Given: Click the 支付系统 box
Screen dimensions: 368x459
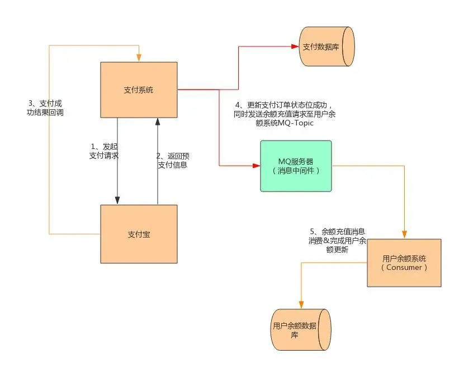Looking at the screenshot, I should point(139,90).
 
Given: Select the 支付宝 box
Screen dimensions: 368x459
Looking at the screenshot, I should point(139,234).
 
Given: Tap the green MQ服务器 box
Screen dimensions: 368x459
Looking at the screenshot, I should point(296,166).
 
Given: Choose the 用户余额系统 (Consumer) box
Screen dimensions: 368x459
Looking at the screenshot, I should point(404,263).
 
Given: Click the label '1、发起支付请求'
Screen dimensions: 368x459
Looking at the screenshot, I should point(104,151).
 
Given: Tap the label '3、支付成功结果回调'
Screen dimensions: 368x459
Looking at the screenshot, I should point(47,108).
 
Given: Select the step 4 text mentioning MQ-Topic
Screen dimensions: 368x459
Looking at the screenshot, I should point(285,114).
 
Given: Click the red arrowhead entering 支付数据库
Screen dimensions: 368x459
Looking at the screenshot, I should point(295,46).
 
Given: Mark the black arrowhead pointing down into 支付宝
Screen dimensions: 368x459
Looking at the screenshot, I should point(117,201).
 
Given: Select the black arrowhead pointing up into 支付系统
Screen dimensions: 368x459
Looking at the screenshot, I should point(158,122).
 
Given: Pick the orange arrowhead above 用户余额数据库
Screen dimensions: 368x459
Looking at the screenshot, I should point(301,305).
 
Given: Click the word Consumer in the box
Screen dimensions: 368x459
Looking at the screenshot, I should point(404,268).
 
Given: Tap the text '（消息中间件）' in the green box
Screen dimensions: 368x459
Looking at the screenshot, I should point(296,171).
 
